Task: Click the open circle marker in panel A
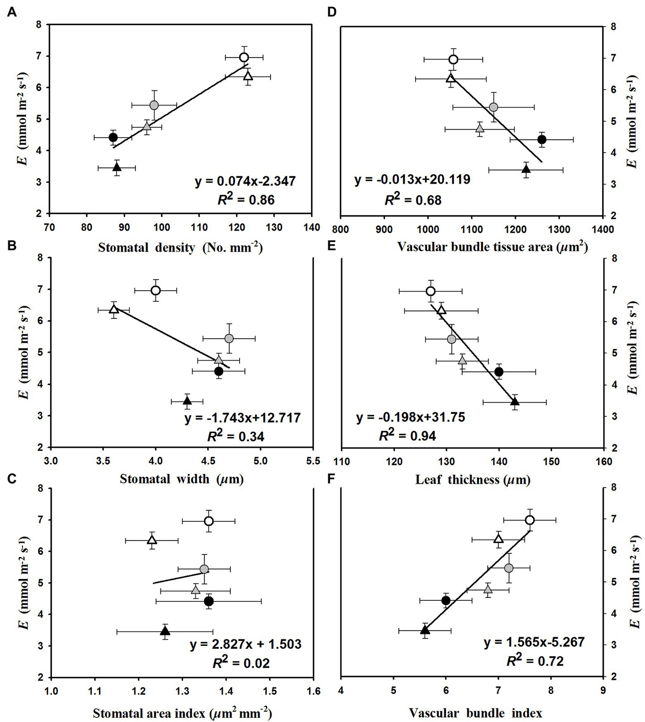click(x=244, y=57)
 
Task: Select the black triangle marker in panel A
click(x=117, y=167)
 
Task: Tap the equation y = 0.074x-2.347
click(x=245, y=181)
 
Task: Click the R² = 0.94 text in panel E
click(x=408, y=436)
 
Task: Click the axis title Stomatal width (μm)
click(x=182, y=479)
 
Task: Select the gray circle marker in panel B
click(x=229, y=338)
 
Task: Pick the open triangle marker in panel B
click(x=113, y=309)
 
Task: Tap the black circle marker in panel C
click(x=209, y=601)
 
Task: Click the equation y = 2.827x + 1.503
click(x=245, y=644)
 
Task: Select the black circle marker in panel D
click(x=542, y=139)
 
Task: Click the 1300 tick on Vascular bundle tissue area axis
click(x=559, y=229)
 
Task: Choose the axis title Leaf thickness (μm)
click(x=473, y=479)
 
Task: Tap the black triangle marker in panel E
click(x=515, y=402)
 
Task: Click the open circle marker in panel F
click(x=530, y=520)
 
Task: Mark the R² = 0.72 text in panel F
click(x=535, y=661)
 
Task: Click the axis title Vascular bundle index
click(x=475, y=713)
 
